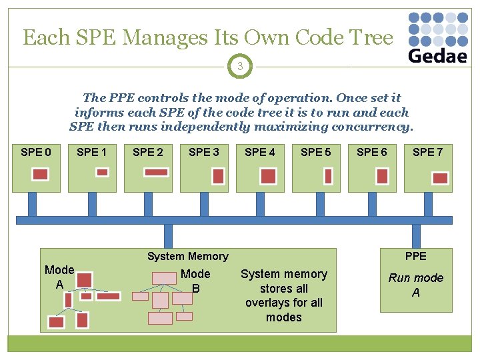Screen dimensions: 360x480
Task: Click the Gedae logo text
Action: click(437, 55)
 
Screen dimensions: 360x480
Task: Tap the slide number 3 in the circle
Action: click(239, 66)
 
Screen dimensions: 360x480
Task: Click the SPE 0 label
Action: click(36, 152)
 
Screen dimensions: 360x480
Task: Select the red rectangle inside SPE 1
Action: click(102, 172)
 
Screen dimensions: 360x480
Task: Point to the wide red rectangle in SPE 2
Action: click(156, 172)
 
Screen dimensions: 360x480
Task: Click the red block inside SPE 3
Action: click(217, 175)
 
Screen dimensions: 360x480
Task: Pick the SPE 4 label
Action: click(260, 152)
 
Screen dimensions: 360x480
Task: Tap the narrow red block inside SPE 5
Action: click(328, 175)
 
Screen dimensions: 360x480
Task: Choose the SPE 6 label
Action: click(372, 152)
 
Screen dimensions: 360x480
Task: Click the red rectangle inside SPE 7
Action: click(440, 177)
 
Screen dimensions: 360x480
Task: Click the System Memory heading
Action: click(187, 257)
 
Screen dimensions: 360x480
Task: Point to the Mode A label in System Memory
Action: click(59, 277)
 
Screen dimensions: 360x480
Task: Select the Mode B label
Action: click(195, 281)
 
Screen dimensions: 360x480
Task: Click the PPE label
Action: click(415, 256)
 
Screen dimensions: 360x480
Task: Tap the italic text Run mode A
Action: click(415, 285)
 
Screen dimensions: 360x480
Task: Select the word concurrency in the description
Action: click(373, 127)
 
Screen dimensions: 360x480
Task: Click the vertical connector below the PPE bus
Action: click(416, 235)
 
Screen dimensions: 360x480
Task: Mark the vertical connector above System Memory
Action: click(168, 235)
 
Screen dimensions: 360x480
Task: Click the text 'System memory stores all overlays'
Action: click(284, 295)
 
